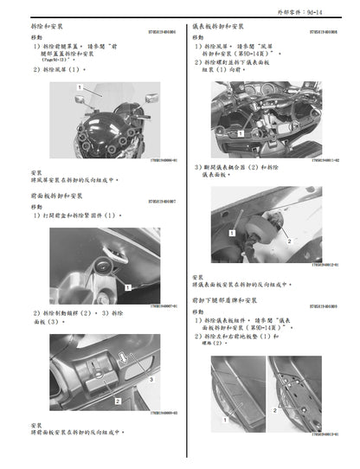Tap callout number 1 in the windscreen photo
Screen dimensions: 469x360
coord(80,88)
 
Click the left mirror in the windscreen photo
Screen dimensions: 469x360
coord(69,100)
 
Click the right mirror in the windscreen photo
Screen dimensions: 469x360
coord(151,100)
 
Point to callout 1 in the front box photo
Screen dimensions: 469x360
coord(126,286)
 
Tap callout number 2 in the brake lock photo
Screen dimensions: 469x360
coord(118,402)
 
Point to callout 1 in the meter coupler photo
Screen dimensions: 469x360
coord(232,234)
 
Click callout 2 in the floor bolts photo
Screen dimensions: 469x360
coord(275,406)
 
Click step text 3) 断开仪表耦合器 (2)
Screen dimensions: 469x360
coord(251,167)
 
